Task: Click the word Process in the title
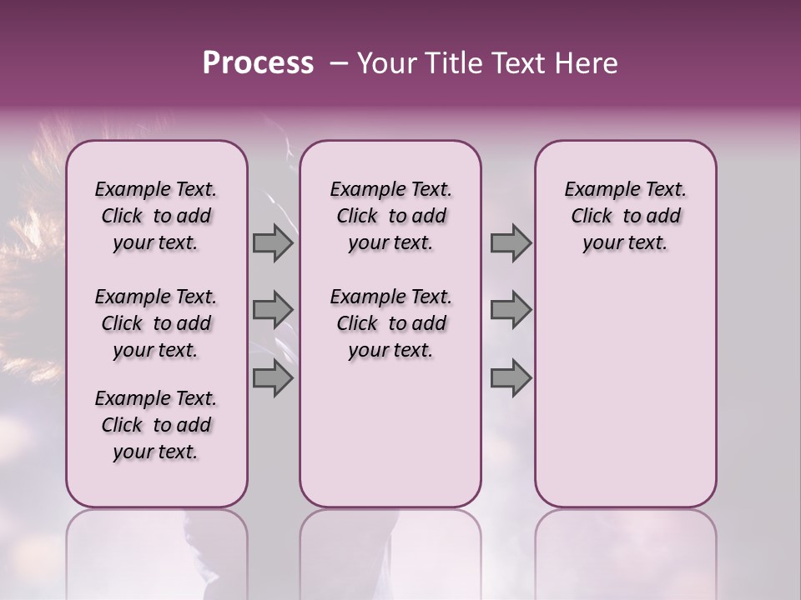click(258, 63)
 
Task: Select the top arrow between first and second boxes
click(273, 242)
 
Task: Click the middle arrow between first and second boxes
click(273, 310)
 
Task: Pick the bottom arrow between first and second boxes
click(273, 377)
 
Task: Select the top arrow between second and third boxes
click(511, 242)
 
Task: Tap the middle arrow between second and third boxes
click(511, 310)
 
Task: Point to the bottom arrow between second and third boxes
click(511, 377)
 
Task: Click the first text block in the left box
click(156, 216)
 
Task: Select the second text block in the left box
click(156, 323)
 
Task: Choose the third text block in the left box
click(156, 425)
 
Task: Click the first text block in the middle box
click(390, 216)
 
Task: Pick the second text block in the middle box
click(390, 323)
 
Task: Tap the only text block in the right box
click(625, 216)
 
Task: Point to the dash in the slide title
click(338, 63)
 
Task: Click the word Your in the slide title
click(385, 63)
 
